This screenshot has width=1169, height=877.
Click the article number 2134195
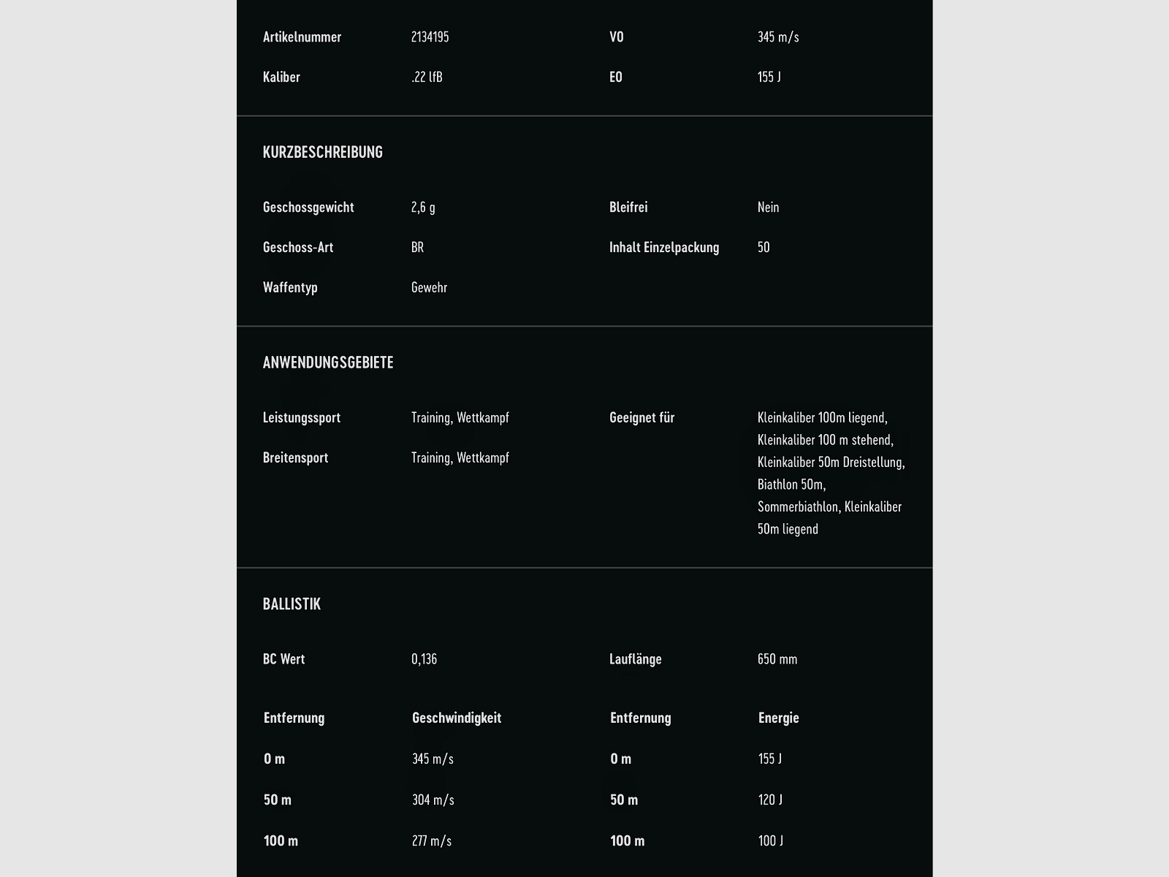point(430,37)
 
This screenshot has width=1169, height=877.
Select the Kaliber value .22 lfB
point(427,77)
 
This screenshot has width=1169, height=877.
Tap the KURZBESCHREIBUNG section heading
point(322,152)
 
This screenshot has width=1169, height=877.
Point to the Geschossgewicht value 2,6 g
point(423,208)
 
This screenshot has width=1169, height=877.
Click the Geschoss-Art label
point(298,248)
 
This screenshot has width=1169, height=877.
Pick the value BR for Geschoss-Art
point(417,248)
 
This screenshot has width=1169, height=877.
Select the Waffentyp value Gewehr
point(429,288)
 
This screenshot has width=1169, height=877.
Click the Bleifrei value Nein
point(768,208)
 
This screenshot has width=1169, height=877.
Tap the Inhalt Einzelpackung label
point(663,248)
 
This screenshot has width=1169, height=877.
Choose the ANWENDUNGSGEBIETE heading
point(328,362)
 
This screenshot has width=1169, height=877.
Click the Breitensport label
point(295,458)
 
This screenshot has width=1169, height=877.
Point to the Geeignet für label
point(641,418)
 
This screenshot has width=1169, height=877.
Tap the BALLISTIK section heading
point(292,604)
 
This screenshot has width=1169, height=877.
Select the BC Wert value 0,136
point(424,659)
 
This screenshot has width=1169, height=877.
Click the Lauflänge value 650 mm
point(777,659)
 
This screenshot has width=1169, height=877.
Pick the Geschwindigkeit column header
point(457,718)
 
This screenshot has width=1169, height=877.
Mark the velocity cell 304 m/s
point(433,800)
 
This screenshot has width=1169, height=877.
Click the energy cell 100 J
point(770,841)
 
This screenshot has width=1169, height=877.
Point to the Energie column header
point(778,718)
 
